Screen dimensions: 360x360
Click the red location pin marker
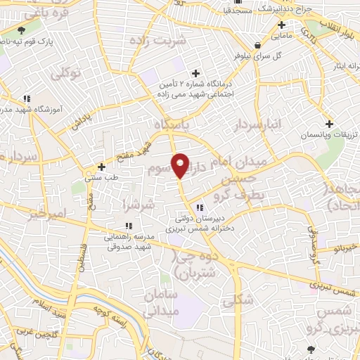click(x=181, y=165)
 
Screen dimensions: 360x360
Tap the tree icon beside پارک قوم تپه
click(x=21, y=30)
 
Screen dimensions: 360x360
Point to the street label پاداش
click(x=83, y=120)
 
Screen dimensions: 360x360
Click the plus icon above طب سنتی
click(x=103, y=167)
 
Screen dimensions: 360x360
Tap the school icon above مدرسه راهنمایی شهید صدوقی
click(x=129, y=226)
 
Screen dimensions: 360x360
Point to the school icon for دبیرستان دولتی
click(x=200, y=207)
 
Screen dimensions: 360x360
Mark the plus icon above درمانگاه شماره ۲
click(x=196, y=73)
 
